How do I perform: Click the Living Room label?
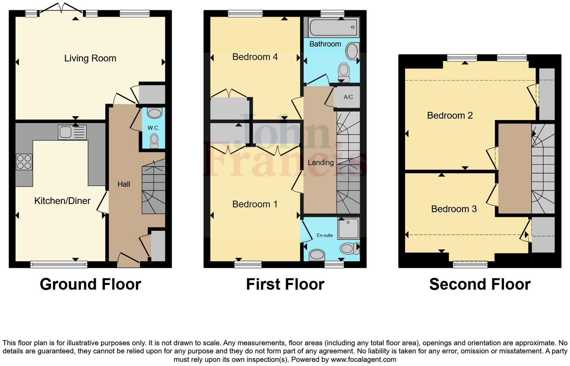[x=90, y=58]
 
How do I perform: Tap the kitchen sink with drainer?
[x=72, y=132]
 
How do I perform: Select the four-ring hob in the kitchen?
[x=24, y=162]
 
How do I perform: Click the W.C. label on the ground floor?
[x=153, y=128]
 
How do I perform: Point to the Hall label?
[x=124, y=184]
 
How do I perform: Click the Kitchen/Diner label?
[x=62, y=201]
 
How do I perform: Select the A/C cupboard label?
[x=348, y=97]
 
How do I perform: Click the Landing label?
[x=321, y=162]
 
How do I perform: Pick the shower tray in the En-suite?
[x=348, y=228]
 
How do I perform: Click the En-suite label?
[x=325, y=235]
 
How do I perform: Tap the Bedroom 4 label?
[x=255, y=57]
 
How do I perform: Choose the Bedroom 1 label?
[x=255, y=204]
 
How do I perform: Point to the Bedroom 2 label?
[x=450, y=115]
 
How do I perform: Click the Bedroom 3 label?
[x=454, y=209]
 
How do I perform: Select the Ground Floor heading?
[x=90, y=284]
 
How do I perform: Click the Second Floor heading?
[x=480, y=284]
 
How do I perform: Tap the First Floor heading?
[x=285, y=284]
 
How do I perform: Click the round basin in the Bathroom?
[x=352, y=51]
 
